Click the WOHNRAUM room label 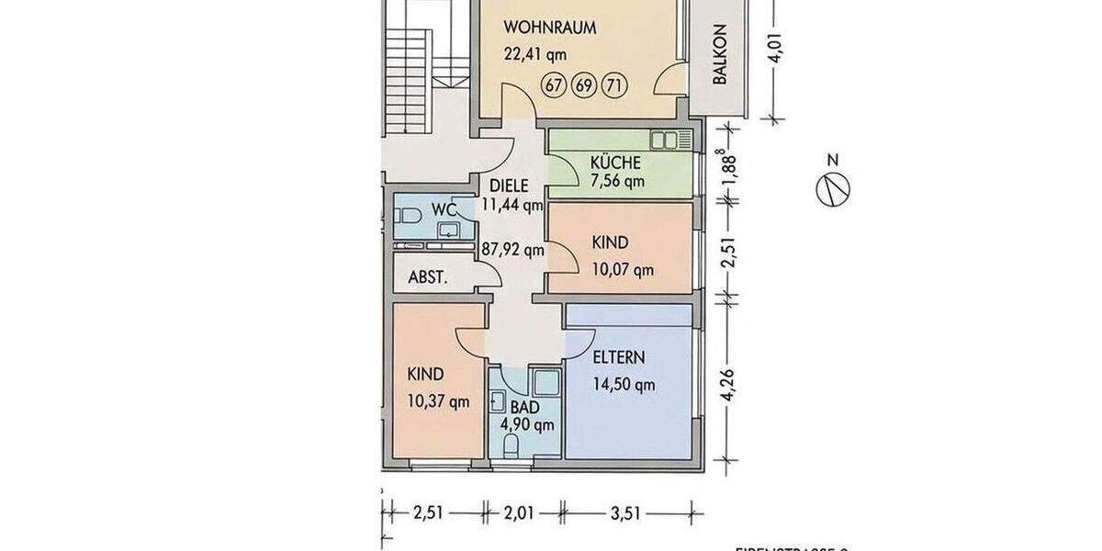550,28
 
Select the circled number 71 613,87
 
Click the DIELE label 509,186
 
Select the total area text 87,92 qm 513,249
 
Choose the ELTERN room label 618,358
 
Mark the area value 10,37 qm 437,400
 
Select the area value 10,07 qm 623,269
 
